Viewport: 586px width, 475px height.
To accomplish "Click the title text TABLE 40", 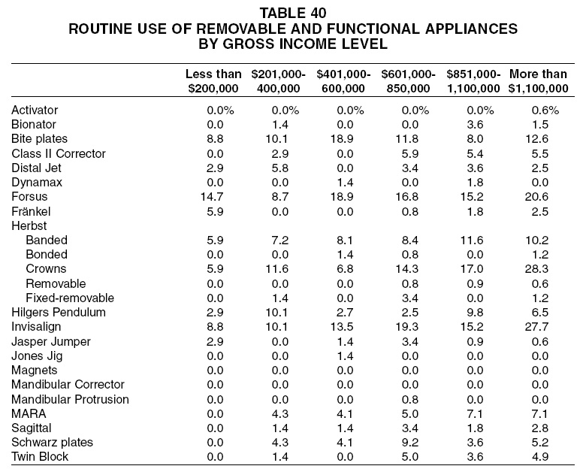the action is click(293, 13).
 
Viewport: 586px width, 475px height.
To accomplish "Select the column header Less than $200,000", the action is click(213, 81).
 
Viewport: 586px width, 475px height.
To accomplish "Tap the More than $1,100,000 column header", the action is click(538, 81).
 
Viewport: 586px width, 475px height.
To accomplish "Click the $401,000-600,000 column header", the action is click(343, 81).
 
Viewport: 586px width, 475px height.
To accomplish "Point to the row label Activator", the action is click(35, 110).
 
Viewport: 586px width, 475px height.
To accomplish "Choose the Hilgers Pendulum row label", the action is click(59, 313).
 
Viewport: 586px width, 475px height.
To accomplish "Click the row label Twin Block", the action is click(40, 457).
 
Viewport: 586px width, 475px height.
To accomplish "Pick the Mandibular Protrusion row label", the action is click(70, 399).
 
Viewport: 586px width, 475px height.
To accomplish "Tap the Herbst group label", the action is click(29, 226).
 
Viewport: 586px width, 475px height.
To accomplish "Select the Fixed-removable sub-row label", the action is click(70, 298).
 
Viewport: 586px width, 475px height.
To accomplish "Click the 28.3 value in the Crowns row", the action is click(536, 269).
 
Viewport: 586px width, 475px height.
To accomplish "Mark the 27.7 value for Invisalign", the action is click(536, 327).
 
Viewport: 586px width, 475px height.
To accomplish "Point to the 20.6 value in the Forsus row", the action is click(536, 197).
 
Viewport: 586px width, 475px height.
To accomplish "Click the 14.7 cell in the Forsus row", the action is click(212, 197).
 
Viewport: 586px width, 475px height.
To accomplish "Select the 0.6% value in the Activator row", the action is click(545, 110).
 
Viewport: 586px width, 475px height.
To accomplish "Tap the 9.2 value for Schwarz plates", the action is click(409, 443).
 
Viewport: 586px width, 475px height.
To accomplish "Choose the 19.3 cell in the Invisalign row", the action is click(406, 327).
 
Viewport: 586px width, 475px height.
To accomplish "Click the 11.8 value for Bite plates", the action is click(406, 139).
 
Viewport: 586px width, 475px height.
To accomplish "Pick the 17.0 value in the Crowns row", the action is click(472, 269).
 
